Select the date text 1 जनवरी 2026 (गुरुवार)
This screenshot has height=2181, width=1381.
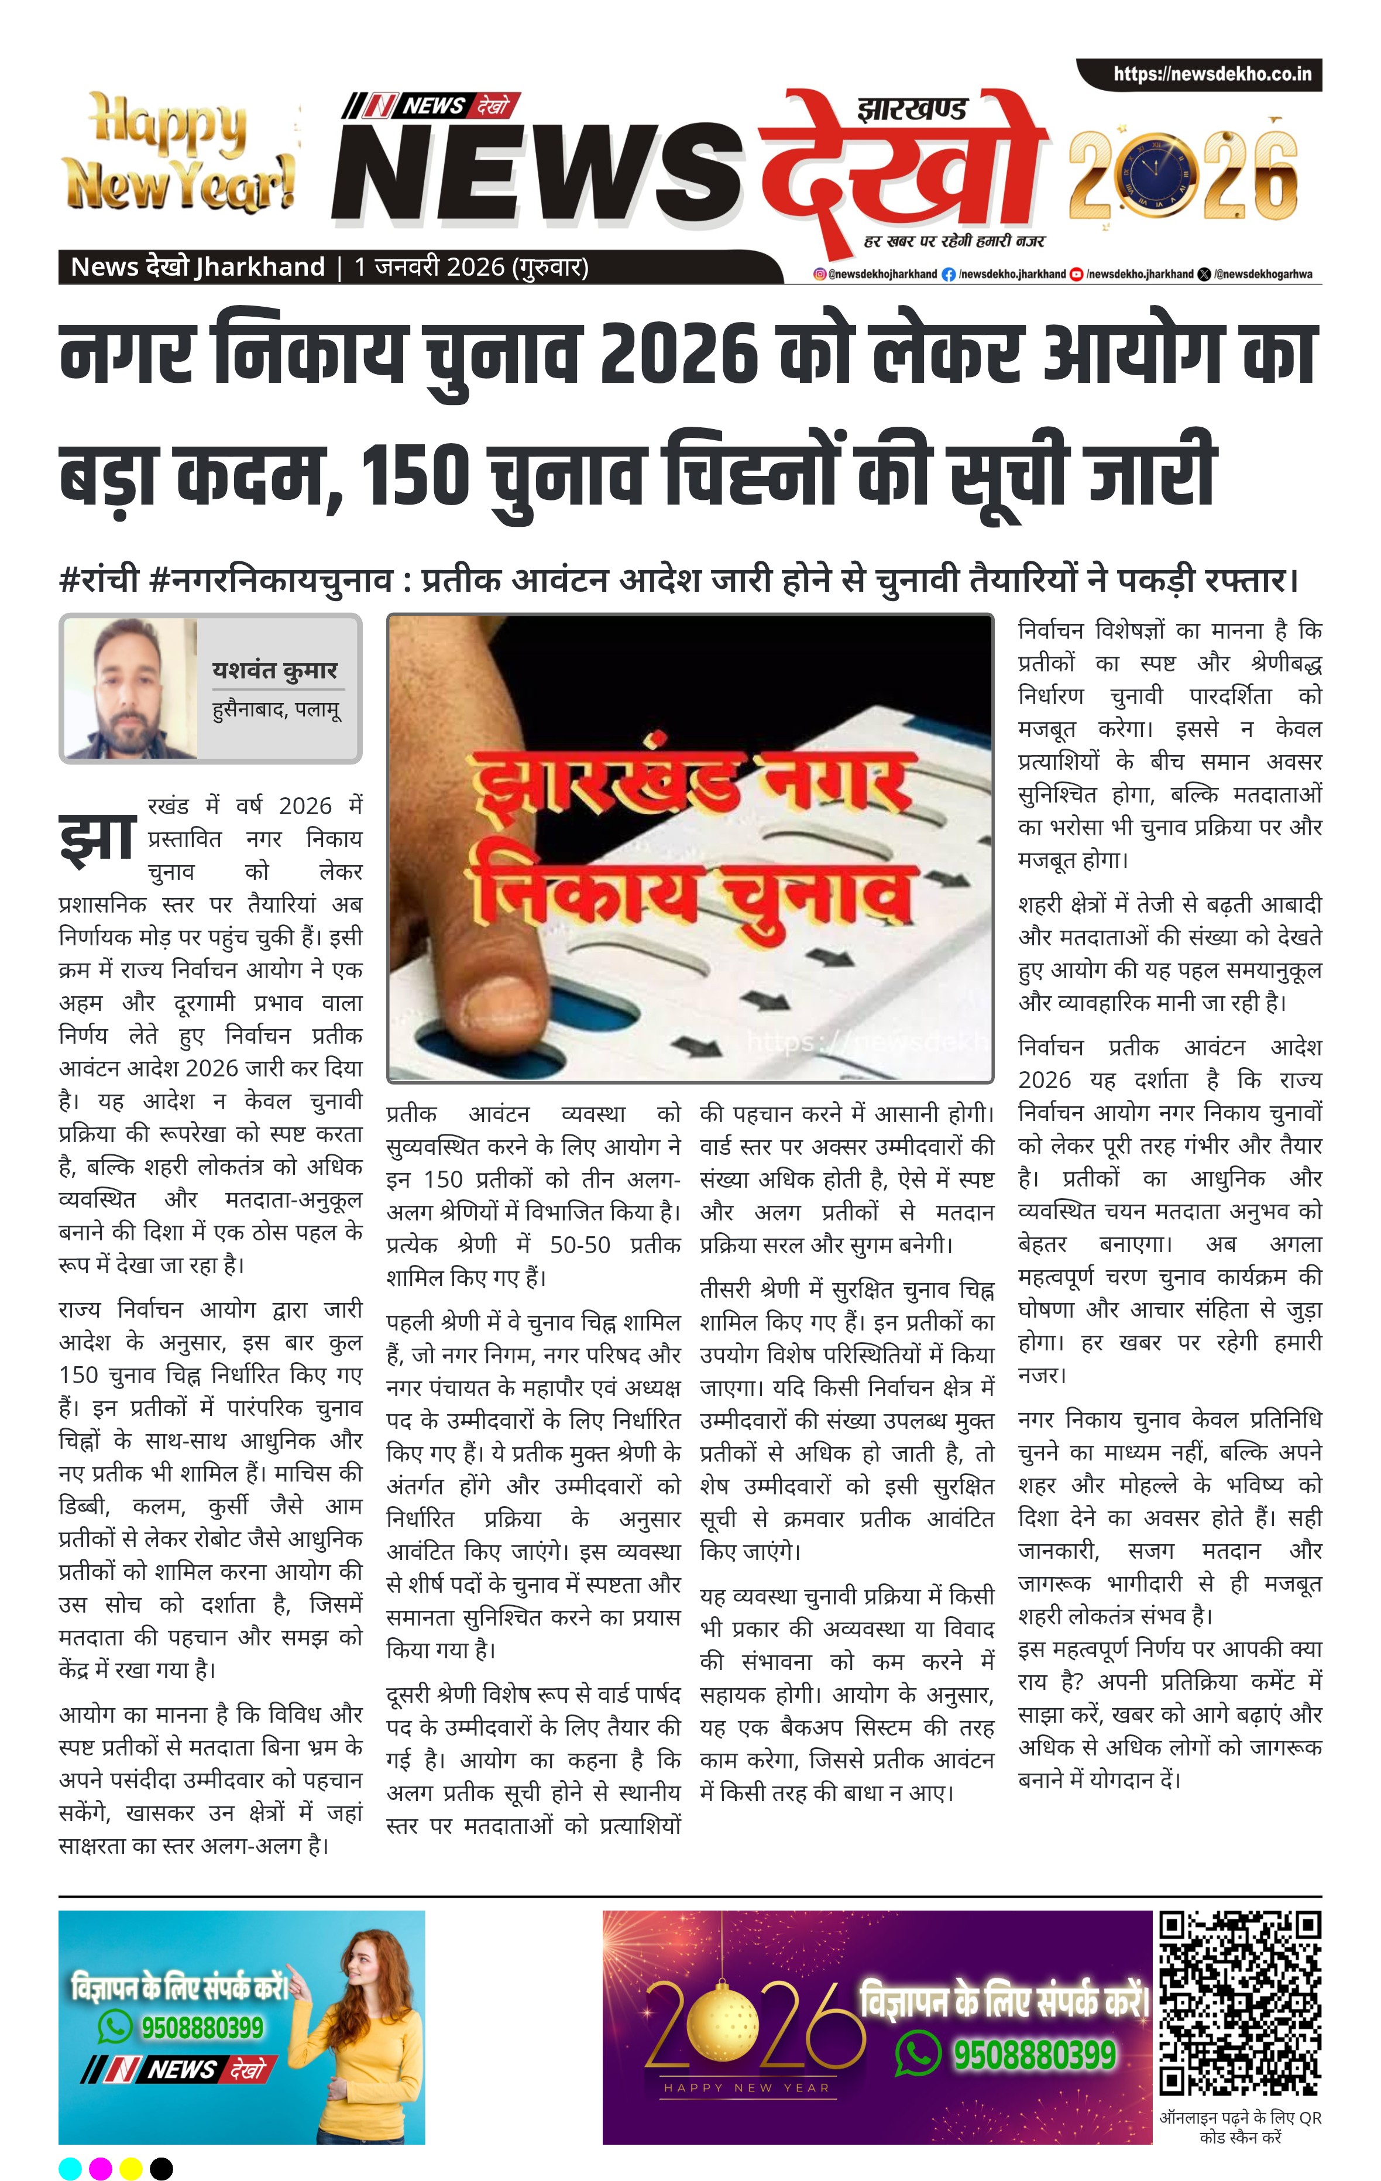click(471, 267)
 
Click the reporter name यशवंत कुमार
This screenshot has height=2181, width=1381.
click(274, 670)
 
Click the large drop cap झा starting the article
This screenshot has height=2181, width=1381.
click(98, 838)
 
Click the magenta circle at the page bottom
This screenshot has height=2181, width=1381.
click(101, 2168)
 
